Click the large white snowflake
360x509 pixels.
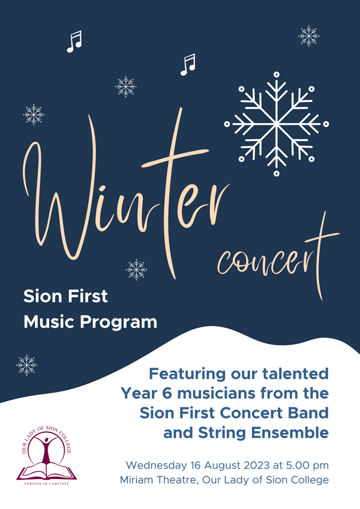pos(276,124)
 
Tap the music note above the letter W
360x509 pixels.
pos(74,41)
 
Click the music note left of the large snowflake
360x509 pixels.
pos(188,65)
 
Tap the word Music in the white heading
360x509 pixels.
pos(50,322)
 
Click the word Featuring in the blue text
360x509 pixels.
pos(187,374)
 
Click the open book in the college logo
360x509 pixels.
pos(46,472)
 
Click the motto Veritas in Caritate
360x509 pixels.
pos(46,484)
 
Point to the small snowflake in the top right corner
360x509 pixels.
pos(308,36)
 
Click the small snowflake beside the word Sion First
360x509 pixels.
pos(136,269)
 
